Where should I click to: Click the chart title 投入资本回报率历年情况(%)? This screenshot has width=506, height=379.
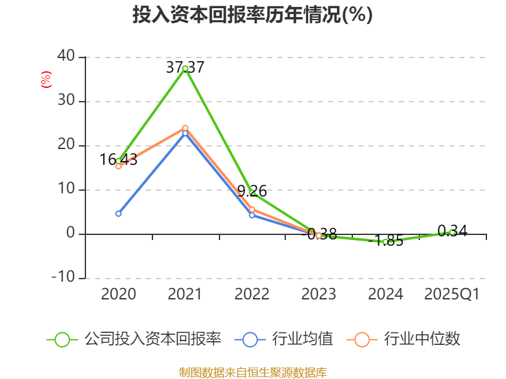click(x=252, y=15)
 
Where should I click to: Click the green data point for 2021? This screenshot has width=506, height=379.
click(x=185, y=68)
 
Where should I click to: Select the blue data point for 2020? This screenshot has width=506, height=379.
click(x=118, y=214)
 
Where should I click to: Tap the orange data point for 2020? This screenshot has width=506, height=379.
click(x=118, y=166)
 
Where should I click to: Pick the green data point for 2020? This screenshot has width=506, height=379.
click(x=118, y=160)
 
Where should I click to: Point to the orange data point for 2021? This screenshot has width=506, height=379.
click(x=185, y=128)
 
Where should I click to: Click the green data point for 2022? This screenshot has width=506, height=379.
click(x=252, y=193)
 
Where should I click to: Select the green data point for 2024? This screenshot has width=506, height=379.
click(x=385, y=241)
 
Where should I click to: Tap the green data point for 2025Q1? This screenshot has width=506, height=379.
click(x=452, y=232)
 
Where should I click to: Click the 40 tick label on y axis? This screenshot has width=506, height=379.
click(x=66, y=57)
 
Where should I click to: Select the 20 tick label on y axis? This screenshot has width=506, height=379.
click(x=66, y=145)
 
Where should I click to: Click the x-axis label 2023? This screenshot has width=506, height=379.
click(x=318, y=294)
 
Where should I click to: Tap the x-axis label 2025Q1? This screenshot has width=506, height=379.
click(x=452, y=294)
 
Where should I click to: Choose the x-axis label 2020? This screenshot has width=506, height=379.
click(x=118, y=294)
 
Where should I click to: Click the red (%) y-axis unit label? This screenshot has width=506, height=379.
click(x=46, y=80)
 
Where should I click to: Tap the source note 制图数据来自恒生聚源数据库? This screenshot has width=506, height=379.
click(x=252, y=372)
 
